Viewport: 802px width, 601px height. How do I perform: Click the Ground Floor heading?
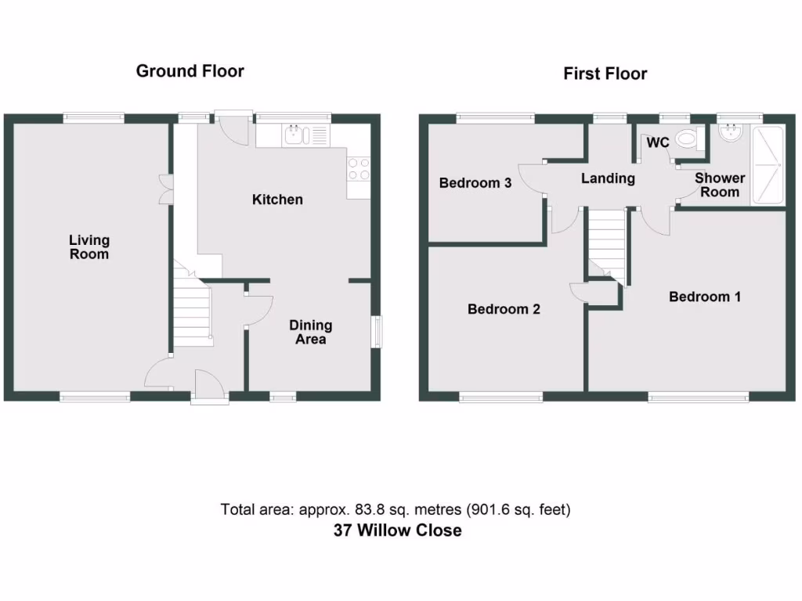pos(190,71)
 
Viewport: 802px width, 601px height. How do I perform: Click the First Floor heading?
pos(605,74)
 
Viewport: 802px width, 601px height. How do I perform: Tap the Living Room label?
pos(89,247)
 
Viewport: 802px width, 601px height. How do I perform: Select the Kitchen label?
pos(277,200)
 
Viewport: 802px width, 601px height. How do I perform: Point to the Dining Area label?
pos(310,332)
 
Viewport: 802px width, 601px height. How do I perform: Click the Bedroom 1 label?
pos(705,297)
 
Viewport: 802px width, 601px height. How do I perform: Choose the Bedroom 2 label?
pos(504,309)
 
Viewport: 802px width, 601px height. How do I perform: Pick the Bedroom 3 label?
pos(475,183)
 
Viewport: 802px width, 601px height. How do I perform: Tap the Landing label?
pos(608,178)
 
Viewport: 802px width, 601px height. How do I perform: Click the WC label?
pos(657,143)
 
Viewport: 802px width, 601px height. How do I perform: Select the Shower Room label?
pos(720,185)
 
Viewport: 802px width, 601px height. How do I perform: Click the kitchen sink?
pos(296,136)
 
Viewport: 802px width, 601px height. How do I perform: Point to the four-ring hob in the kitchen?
pos(359,169)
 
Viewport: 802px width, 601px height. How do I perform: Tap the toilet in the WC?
pos(686,139)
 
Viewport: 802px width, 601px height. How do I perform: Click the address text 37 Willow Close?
pos(398,531)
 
